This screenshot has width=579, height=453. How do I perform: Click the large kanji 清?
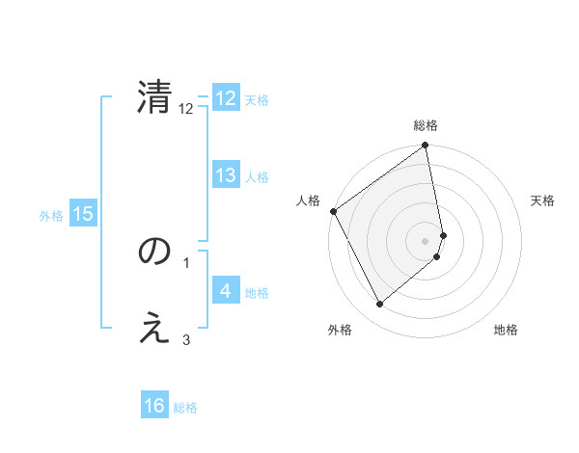pyautogui.click(x=154, y=98)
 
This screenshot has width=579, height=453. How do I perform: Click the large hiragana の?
pyautogui.click(x=154, y=252)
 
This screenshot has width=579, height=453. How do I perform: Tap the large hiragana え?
pyautogui.click(x=154, y=329)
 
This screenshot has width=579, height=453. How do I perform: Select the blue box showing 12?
pyautogui.click(x=226, y=98)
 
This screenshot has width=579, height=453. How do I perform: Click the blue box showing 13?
pyautogui.click(x=226, y=175)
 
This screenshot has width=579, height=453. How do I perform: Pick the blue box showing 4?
pyautogui.click(x=226, y=291)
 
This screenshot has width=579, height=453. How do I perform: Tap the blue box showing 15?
pyautogui.click(x=83, y=214)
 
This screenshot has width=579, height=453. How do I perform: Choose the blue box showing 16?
pyautogui.click(x=154, y=407)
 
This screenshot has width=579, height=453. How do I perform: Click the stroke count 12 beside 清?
pyautogui.click(x=186, y=109)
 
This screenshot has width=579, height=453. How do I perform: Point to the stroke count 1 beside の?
pyautogui.click(x=185, y=262)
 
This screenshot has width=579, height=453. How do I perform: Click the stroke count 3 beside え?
pyautogui.click(x=185, y=339)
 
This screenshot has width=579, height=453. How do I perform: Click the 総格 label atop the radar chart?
pyautogui.click(x=426, y=125)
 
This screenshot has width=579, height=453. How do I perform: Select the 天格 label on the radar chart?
pyautogui.click(x=542, y=200)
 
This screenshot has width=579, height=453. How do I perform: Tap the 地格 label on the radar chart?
pyautogui.click(x=506, y=330)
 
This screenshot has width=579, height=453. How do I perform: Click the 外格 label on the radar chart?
pyautogui.click(x=340, y=330)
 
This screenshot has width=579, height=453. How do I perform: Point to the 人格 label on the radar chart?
pyautogui.click(x=308, y=200)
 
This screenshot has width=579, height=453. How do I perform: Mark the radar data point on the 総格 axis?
pyautogui.click(x=426, y=147)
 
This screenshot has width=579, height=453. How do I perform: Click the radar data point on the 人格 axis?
pyautogui.click(x=333, y=211)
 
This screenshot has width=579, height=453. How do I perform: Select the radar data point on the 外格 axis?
pyautogui.click(x=379, y=305)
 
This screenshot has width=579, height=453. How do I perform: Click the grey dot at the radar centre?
pyautogui.click(x=426, y=240)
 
